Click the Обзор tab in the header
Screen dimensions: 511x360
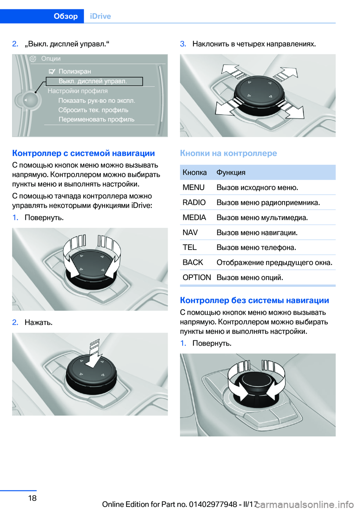(x=66, y=16)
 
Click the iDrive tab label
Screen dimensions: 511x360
(x=100, y=16)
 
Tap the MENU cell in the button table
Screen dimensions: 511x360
(x=193, y=188)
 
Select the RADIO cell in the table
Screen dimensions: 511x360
(x=194, y=203)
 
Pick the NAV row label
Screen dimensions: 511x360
(x=190, y=233)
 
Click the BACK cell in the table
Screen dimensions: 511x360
(x=193, y=263)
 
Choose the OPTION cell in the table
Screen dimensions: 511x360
(x=196, y=278)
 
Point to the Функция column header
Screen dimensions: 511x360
(x=231, y=173)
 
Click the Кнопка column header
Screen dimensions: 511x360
(x=195, y=173)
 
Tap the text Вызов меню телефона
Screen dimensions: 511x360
(x=256, y=248)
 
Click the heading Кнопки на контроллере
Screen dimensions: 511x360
(x=228, y=153)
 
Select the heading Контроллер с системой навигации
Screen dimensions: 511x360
(x=83, y=153)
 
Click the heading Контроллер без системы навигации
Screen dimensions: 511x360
(x=254, y=300)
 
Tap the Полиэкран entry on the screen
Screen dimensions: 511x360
(x=75, y=71)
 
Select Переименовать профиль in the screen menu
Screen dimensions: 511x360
(x=96, y=119)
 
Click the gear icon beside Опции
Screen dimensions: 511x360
(x=33, y=59)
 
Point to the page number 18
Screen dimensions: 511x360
(x=32, y=498)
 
